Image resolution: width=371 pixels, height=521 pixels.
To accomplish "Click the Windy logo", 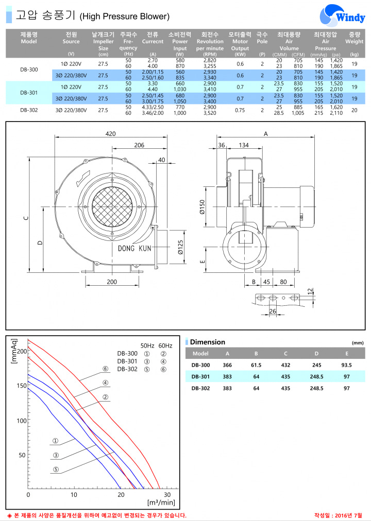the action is point(343,15).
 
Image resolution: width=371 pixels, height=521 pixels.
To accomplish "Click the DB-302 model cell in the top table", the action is point(29,110).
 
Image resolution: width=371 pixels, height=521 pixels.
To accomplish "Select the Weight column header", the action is point(354,38).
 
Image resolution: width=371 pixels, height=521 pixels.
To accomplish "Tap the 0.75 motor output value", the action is point(240,110).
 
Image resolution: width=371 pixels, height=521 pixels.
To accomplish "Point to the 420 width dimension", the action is point(110,133).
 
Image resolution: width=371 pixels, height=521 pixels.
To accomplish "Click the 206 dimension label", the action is point(139,145).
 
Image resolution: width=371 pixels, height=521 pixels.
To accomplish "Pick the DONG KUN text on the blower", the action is point(134,248).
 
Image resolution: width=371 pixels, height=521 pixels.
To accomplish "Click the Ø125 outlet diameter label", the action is point(180,247).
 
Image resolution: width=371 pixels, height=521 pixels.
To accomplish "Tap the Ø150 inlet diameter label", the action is point(203,207).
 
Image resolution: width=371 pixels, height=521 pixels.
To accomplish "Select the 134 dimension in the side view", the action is point(244,145).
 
